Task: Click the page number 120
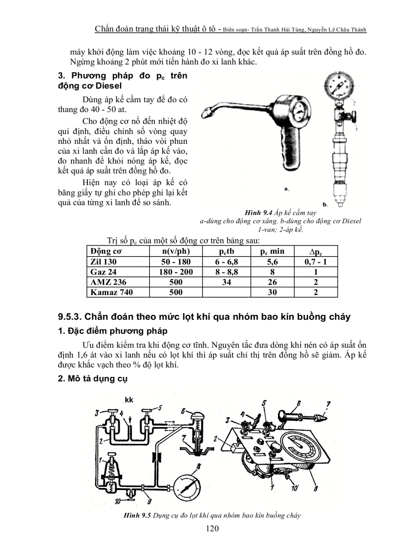click(212, 528)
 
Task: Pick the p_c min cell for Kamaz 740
click(272, 292)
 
